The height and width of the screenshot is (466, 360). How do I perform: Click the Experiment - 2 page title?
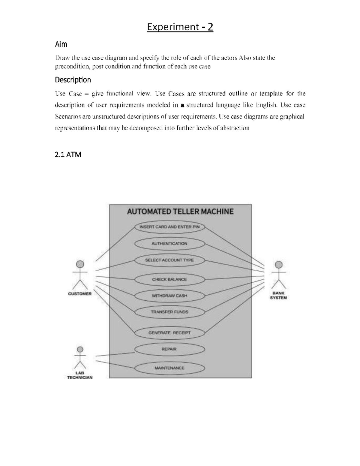click(180, 27)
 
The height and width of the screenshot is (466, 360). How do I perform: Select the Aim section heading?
click(61, 44)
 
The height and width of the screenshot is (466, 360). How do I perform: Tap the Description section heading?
click(73, 80)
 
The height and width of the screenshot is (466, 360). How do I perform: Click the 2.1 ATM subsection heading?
click(68, 155)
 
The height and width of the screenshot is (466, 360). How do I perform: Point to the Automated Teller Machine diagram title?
click(180, 212)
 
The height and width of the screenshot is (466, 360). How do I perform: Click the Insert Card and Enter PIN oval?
click(169, 227)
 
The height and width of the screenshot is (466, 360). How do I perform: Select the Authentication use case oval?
click(169, 244)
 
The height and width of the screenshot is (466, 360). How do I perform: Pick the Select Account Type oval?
click(169, 260)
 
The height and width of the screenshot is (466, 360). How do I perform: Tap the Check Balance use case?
click(169, 279)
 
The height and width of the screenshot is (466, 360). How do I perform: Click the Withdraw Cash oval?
click(169, 296)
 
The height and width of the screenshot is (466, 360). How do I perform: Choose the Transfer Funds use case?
click(169, 312)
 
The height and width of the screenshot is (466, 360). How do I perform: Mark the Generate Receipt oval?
click(169, 333)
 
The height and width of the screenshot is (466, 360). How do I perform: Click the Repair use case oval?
click(169, 349)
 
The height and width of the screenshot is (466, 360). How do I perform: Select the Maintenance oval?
click(169, 368)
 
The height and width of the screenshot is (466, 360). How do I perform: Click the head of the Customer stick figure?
click(80, 264)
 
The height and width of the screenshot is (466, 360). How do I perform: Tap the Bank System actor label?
click(278, 296)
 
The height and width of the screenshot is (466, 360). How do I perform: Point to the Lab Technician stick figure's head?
click(80, 349)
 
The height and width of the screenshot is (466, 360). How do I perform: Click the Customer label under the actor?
click(80, 294)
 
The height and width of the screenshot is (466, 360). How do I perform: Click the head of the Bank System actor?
click(279, 265)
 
